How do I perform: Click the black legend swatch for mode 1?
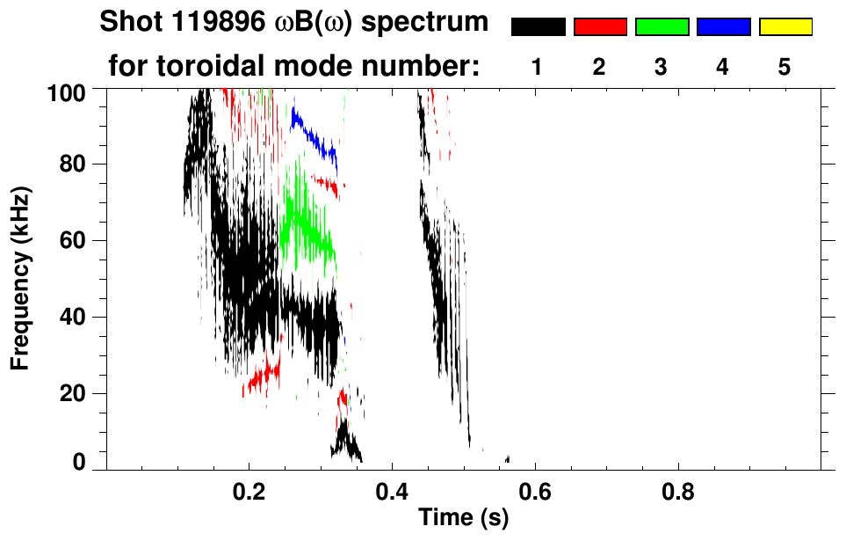tap(538, 27)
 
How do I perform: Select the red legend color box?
tap(600, 27)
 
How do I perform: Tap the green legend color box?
tap(662, 27)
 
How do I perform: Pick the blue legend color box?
tap(723, 27)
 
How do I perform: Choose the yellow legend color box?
tap(785, 27)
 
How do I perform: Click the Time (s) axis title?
tap(463, 519)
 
